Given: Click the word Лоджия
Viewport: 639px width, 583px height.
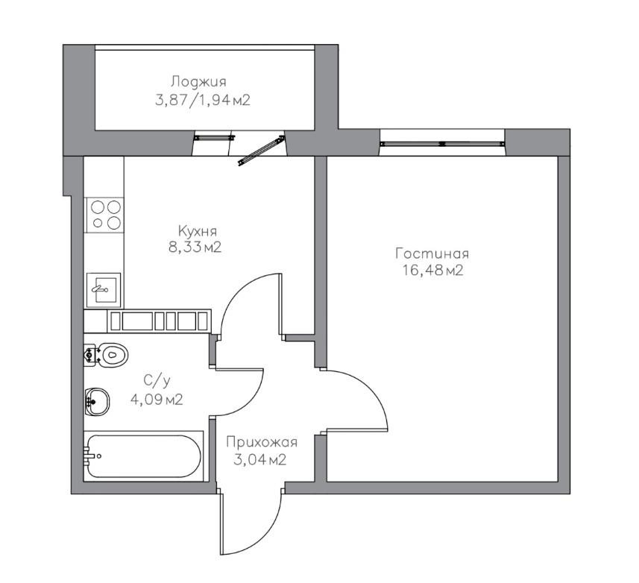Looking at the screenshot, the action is click(198, 81).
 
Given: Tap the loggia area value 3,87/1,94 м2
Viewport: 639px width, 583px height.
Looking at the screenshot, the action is click(203, 100).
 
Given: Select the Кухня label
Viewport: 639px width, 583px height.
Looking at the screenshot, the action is click(198, 231).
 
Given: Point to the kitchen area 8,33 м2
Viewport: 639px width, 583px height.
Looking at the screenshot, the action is click(195, 247).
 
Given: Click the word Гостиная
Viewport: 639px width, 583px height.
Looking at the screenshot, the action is click(432, 253).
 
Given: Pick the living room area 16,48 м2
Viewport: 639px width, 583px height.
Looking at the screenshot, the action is click(433, 270).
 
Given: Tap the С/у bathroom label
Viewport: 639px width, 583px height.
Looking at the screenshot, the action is click(157, 381).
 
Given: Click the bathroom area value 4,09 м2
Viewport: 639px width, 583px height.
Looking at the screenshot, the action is click(157, 400).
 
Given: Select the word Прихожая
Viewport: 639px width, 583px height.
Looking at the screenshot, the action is click(262, 441).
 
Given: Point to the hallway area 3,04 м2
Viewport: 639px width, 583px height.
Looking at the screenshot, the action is click(260, 459).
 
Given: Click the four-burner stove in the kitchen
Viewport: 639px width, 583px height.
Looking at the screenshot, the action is click(104, 215).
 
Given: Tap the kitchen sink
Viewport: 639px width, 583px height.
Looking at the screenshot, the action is click(104, 290).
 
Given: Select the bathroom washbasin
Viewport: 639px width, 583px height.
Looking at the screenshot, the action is click(98, 402).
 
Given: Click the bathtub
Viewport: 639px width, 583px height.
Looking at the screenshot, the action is click(143, 456).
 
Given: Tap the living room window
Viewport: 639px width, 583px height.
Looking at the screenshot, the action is click(443, 143).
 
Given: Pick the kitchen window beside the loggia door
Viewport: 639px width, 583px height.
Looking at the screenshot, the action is click(215, 138).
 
